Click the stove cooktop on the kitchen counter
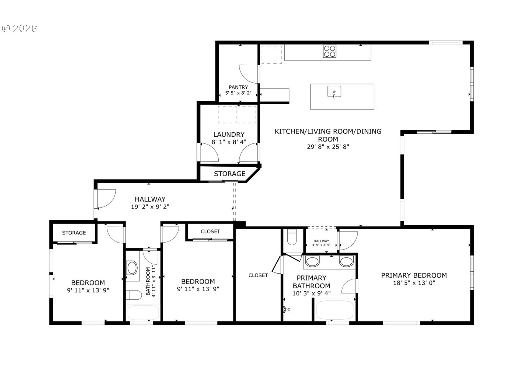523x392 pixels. coord(330,51)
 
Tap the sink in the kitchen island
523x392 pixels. coord(334,92)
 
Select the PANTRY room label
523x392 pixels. coord(238,87)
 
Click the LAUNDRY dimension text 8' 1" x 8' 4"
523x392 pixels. coord(229,142)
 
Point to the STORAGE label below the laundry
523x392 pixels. coord(230,174)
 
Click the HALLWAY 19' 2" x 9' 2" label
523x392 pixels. coord(150,203)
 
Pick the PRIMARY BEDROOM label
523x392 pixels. coord(414,275)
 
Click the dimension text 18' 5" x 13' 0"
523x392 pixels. coord(414,283)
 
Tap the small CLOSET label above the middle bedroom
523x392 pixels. coord(210,231)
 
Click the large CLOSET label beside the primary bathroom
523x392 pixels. coord(258,275)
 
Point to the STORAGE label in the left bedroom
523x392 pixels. coord(74,233)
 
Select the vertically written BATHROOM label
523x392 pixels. coord(148,281)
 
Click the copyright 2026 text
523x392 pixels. coord(20,29)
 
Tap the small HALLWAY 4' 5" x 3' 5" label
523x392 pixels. coord(321,243)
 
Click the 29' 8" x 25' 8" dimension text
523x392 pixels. coord(328,146)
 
